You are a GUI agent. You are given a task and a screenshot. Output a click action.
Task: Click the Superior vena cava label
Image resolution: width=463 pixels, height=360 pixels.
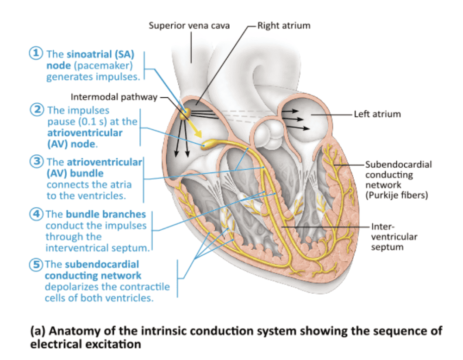pos(188,25)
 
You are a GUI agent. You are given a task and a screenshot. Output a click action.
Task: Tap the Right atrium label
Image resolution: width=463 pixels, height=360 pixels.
pos(284,25)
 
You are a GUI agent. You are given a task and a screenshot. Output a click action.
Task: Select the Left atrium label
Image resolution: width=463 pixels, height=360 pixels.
pos(377,114)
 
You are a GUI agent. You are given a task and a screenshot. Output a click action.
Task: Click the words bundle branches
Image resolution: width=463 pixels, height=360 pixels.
pos(106,215)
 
